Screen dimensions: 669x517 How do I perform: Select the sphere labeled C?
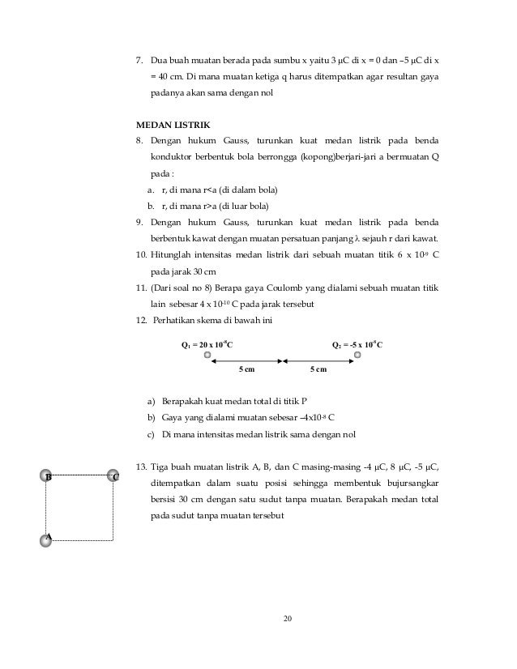[113, 476]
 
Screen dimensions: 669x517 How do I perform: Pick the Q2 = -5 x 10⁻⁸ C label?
[357, 344]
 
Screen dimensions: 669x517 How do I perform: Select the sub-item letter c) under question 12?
[151, 433]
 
